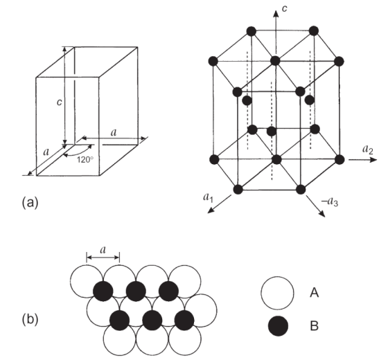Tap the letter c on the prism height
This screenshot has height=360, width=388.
[x=59, y=102]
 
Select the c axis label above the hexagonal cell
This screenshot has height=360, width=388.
[x=285, y=8]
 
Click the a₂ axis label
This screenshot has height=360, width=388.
[x=368, y=150]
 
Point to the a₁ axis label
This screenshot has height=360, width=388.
[x=208, y=197]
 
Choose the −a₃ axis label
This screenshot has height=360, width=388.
[x=330, y=201]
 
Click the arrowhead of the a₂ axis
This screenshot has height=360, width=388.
[x=373, y=160]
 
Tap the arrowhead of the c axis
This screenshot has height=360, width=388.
[x=276, y=14]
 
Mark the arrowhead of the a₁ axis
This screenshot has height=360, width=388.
[x=211, y=210]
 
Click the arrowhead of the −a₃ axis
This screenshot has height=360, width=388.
[x=321, y=213]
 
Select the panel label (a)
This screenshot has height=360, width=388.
[x=30, y=202]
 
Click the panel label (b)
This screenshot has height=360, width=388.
[x=30, y=319]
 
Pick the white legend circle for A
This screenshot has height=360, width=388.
[x=277, y=293]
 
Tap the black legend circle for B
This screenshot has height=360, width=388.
[x=278, y=326]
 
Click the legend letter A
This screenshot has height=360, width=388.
[x=315, y=293]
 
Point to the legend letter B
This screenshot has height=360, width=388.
[x=315, y=326]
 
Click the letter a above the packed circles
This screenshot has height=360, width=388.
[x=103, y=250]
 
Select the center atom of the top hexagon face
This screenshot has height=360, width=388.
[x=275, y=61]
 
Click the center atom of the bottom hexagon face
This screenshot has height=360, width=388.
[x=276, y=159]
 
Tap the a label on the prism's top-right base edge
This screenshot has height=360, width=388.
[x=114, y=133]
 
